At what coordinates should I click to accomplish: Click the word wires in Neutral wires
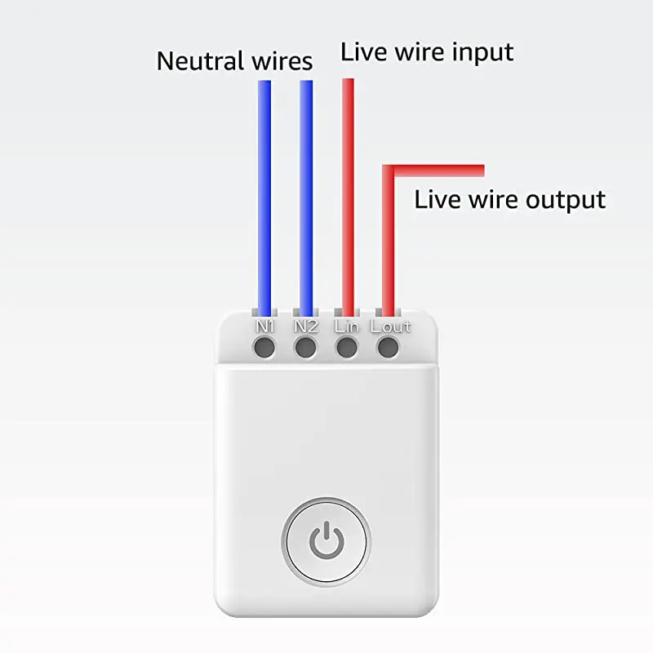(x=281, y=60)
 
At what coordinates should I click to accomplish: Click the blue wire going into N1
(x=264, y=196)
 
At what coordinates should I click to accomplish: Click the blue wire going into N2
(x=306, y=196)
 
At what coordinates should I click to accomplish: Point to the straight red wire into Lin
(x=348, y=196)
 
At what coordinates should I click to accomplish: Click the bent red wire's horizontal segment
(x=441, y=171)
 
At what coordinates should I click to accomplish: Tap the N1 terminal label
(x=264, y=326)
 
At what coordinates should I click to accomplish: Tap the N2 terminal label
(x=305, y=326)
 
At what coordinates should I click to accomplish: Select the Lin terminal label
(x=347, y=326)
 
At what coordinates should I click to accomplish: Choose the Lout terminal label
(x=390, y=326)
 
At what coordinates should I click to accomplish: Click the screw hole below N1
(x=264, y=349)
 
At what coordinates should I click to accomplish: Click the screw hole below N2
(x=305, y=349)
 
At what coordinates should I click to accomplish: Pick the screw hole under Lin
(x=347, y=349)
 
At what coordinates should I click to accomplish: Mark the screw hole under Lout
(x=389, y=349)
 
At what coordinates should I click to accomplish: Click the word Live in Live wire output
(x=436, y=199)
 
